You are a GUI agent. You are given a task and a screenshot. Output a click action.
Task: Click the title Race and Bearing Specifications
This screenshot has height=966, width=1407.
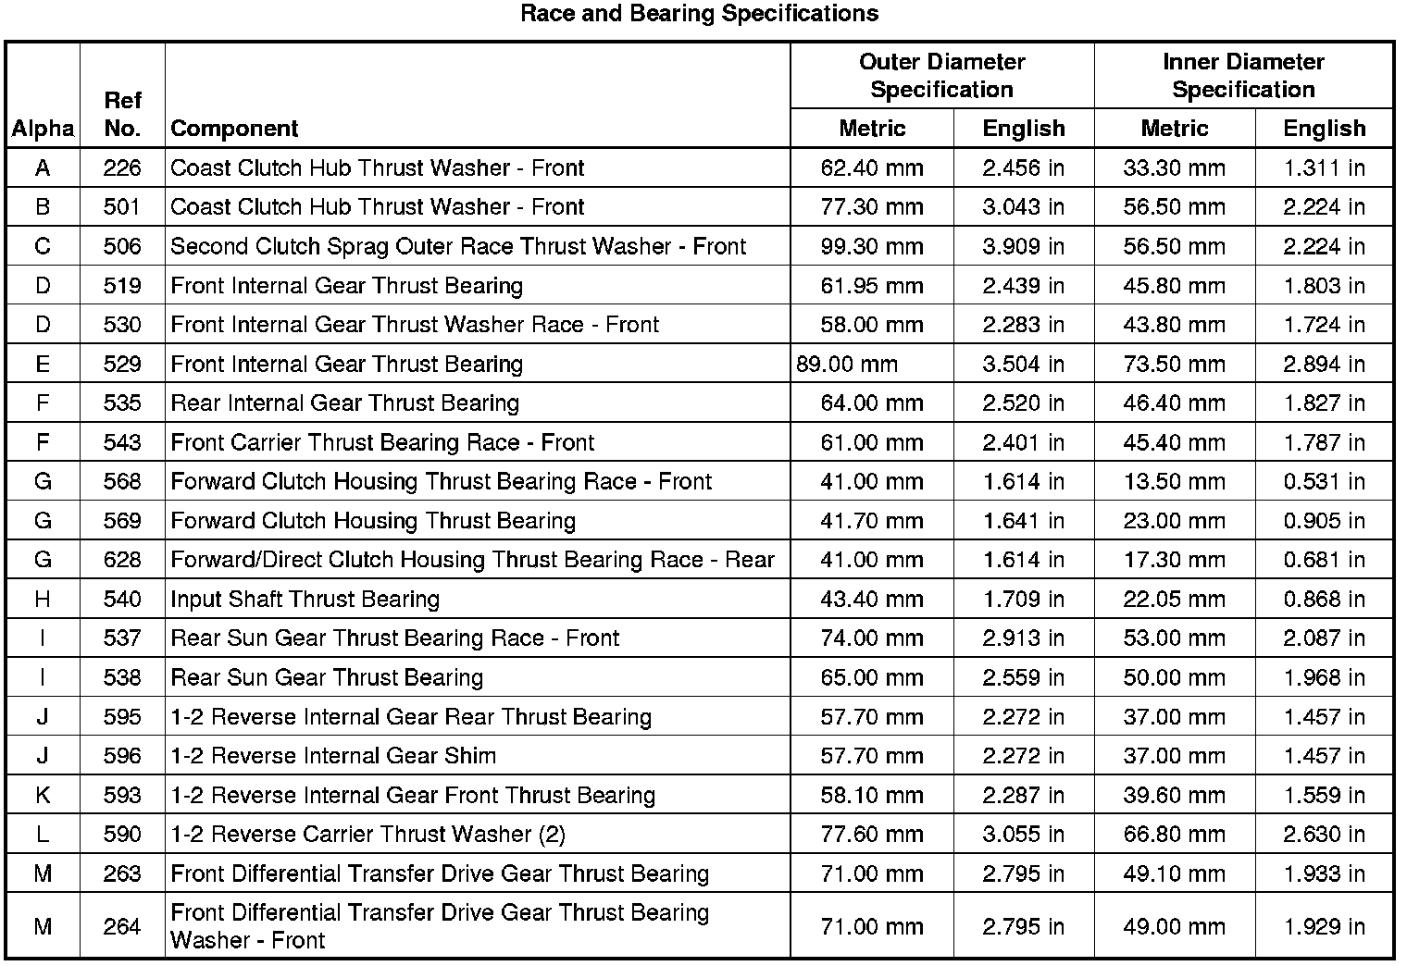[x=699, y=14]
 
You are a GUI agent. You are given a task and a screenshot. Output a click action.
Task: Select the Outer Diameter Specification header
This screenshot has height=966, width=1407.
[x=941, y=76]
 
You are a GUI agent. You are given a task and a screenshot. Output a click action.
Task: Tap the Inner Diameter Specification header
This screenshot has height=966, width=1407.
[x=1243, y=76]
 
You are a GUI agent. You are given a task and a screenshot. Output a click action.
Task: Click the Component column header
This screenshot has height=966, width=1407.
[x=234, y=129]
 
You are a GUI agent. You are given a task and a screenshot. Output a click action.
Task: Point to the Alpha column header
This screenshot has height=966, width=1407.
[x=43, y=129]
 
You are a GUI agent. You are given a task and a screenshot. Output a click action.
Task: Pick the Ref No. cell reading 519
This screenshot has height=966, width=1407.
[x=122, y=286]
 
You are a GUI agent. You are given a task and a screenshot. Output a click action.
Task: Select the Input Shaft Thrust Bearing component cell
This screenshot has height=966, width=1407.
[x=305, y=600]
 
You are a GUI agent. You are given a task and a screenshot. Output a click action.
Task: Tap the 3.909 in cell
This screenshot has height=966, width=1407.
[x=1023, y=247]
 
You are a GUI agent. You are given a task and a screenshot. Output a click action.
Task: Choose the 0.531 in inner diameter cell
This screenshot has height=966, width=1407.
[x=1324, y=482]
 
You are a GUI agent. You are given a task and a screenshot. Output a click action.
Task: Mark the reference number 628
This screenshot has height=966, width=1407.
[x=122, y=561]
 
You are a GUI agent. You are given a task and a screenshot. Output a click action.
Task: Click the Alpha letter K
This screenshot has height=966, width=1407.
[x=43, y=796]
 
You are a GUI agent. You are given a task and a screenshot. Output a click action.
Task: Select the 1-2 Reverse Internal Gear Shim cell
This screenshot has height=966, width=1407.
[x=333, y=756]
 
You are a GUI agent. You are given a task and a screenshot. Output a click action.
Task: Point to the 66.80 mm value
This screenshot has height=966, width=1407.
[x=1174, y=835]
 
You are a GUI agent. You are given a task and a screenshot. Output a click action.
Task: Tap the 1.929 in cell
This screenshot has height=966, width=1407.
[x=1324, y=927]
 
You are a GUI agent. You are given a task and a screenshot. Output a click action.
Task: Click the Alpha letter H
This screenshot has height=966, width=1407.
[x=43, y=600]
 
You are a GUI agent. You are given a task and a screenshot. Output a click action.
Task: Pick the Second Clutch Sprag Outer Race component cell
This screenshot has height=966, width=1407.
[x=458, y=247]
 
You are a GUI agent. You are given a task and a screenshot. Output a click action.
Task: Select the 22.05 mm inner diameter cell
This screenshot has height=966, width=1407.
[x=1174, y=600]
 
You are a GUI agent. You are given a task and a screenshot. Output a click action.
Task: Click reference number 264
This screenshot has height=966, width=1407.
[x=122, y=927]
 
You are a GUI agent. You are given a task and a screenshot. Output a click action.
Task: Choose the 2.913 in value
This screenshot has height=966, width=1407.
[x=1023, y=638]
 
